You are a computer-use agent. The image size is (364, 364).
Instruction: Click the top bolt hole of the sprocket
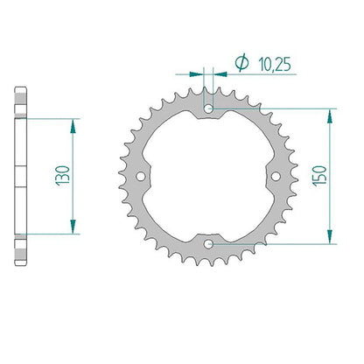click(208, 109)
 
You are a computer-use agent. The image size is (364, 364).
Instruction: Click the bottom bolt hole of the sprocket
click(208, 244)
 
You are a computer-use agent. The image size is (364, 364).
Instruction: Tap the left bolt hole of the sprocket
click(141, 176)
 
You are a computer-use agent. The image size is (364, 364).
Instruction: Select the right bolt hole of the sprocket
click(276, 176)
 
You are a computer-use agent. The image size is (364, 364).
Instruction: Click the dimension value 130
click(63, 176)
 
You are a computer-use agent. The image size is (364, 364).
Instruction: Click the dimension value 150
click(320, 176)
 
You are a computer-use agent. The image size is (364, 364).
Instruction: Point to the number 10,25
click(275, 64)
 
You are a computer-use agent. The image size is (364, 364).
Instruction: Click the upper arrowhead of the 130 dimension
click(73, 126)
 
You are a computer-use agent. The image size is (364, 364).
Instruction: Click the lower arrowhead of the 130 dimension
click(73, 227)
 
